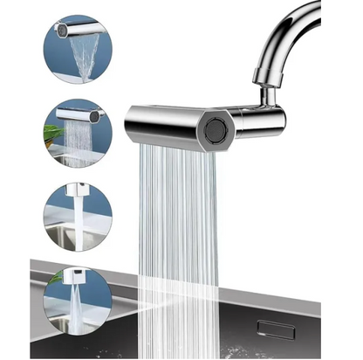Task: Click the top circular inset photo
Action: click(77, 48)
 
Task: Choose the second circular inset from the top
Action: click(77, 133)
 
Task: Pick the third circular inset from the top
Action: click(77, 216)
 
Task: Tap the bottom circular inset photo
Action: click(77, 301)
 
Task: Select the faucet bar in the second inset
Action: click(81, 114)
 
